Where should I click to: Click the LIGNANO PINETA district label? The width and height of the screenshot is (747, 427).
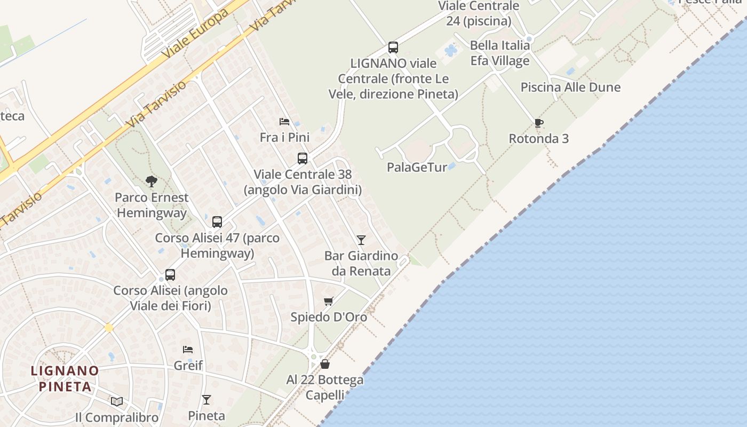[x=65, y=378]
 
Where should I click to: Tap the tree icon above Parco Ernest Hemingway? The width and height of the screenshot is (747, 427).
[x=152, y=181]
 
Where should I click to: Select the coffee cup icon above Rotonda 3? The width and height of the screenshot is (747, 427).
[x=539, y=123]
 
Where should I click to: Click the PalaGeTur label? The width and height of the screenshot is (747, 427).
[x=417, y=167]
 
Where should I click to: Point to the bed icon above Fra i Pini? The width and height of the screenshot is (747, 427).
[x=284, y=122]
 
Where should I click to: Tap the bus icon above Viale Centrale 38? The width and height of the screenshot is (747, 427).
[x=303, y=159]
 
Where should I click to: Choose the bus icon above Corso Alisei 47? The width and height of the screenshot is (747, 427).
[x=217, y=222]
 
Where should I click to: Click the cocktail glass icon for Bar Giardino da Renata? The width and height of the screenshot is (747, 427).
[x=361, y=240]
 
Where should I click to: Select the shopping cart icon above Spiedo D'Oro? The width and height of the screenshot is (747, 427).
[x=329, y=302]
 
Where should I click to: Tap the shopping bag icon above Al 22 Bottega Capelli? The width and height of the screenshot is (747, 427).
[x=325, y=364]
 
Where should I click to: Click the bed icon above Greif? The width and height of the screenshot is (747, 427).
[x=188, y=350]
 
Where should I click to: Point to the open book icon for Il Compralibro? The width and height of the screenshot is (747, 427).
[x=117, y=401]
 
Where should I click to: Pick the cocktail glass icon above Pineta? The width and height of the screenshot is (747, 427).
[x=206, y=400]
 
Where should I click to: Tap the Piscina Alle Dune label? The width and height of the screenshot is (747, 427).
[x=570, y=88]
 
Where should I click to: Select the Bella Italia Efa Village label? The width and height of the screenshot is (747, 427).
[x=500, y=53]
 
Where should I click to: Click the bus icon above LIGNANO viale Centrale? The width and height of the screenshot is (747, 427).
[x=393, y=48]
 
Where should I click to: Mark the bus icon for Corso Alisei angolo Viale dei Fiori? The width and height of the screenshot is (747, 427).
[x=170, y=275]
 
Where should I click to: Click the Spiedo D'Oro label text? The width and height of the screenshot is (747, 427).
[x=329, y=317]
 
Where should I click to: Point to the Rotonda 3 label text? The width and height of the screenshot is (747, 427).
[x=538, y=139]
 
